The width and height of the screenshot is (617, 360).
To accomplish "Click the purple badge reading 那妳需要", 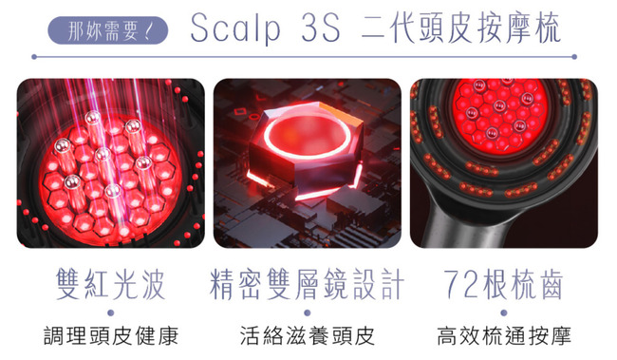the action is [x=108, y=30].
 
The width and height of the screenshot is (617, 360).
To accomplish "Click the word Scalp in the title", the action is [x=235, y=28].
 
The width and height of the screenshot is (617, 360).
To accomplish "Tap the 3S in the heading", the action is [x=321, y=28].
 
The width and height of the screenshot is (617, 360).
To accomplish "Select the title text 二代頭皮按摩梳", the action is [x=460, y=28].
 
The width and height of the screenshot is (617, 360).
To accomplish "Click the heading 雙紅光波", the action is [x=110, y=284].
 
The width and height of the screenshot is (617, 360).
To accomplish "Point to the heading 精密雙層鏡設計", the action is [x=307, y=284].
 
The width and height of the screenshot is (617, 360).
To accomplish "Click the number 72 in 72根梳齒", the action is [x=461, y=284].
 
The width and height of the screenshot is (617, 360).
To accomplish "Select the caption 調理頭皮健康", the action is [x=111, y=336].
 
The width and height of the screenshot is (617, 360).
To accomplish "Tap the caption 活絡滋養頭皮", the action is [x=308, y=336].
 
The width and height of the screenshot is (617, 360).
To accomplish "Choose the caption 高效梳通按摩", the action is [x=504, y=336].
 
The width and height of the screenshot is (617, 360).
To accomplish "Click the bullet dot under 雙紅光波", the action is [x=110, y=313].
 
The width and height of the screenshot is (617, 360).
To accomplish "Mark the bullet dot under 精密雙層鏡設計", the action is [x=308, y=313].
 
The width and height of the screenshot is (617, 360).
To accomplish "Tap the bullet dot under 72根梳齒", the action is [x=504, y=313].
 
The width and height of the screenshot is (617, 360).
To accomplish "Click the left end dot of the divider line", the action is [x=34, y=57].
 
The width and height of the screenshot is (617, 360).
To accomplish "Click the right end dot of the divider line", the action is [x=574, y=57].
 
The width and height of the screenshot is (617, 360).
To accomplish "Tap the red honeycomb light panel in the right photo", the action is [x=500, y=114].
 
